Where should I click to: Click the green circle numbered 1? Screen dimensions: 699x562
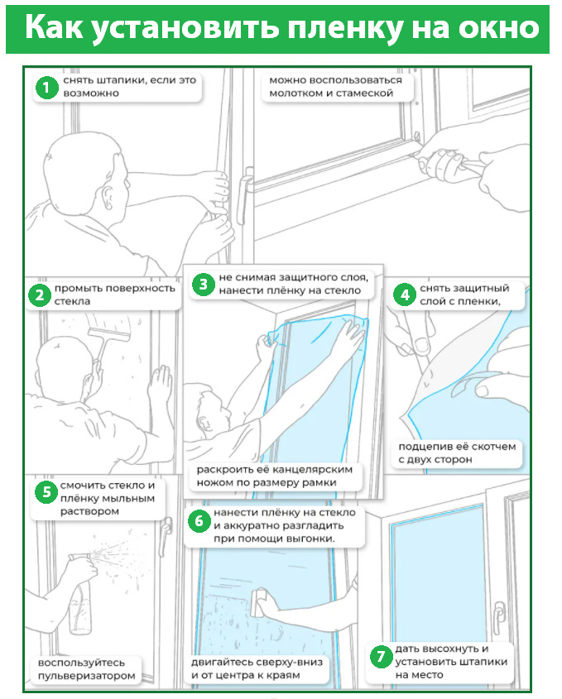(46, 87)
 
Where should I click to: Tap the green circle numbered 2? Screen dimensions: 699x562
(38, 295)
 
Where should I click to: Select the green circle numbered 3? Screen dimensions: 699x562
(203, 285)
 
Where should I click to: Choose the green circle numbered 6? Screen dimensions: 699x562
(199, 520)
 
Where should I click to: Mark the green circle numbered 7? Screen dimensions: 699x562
(380, 658)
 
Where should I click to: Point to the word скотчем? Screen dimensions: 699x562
(489, 447)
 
